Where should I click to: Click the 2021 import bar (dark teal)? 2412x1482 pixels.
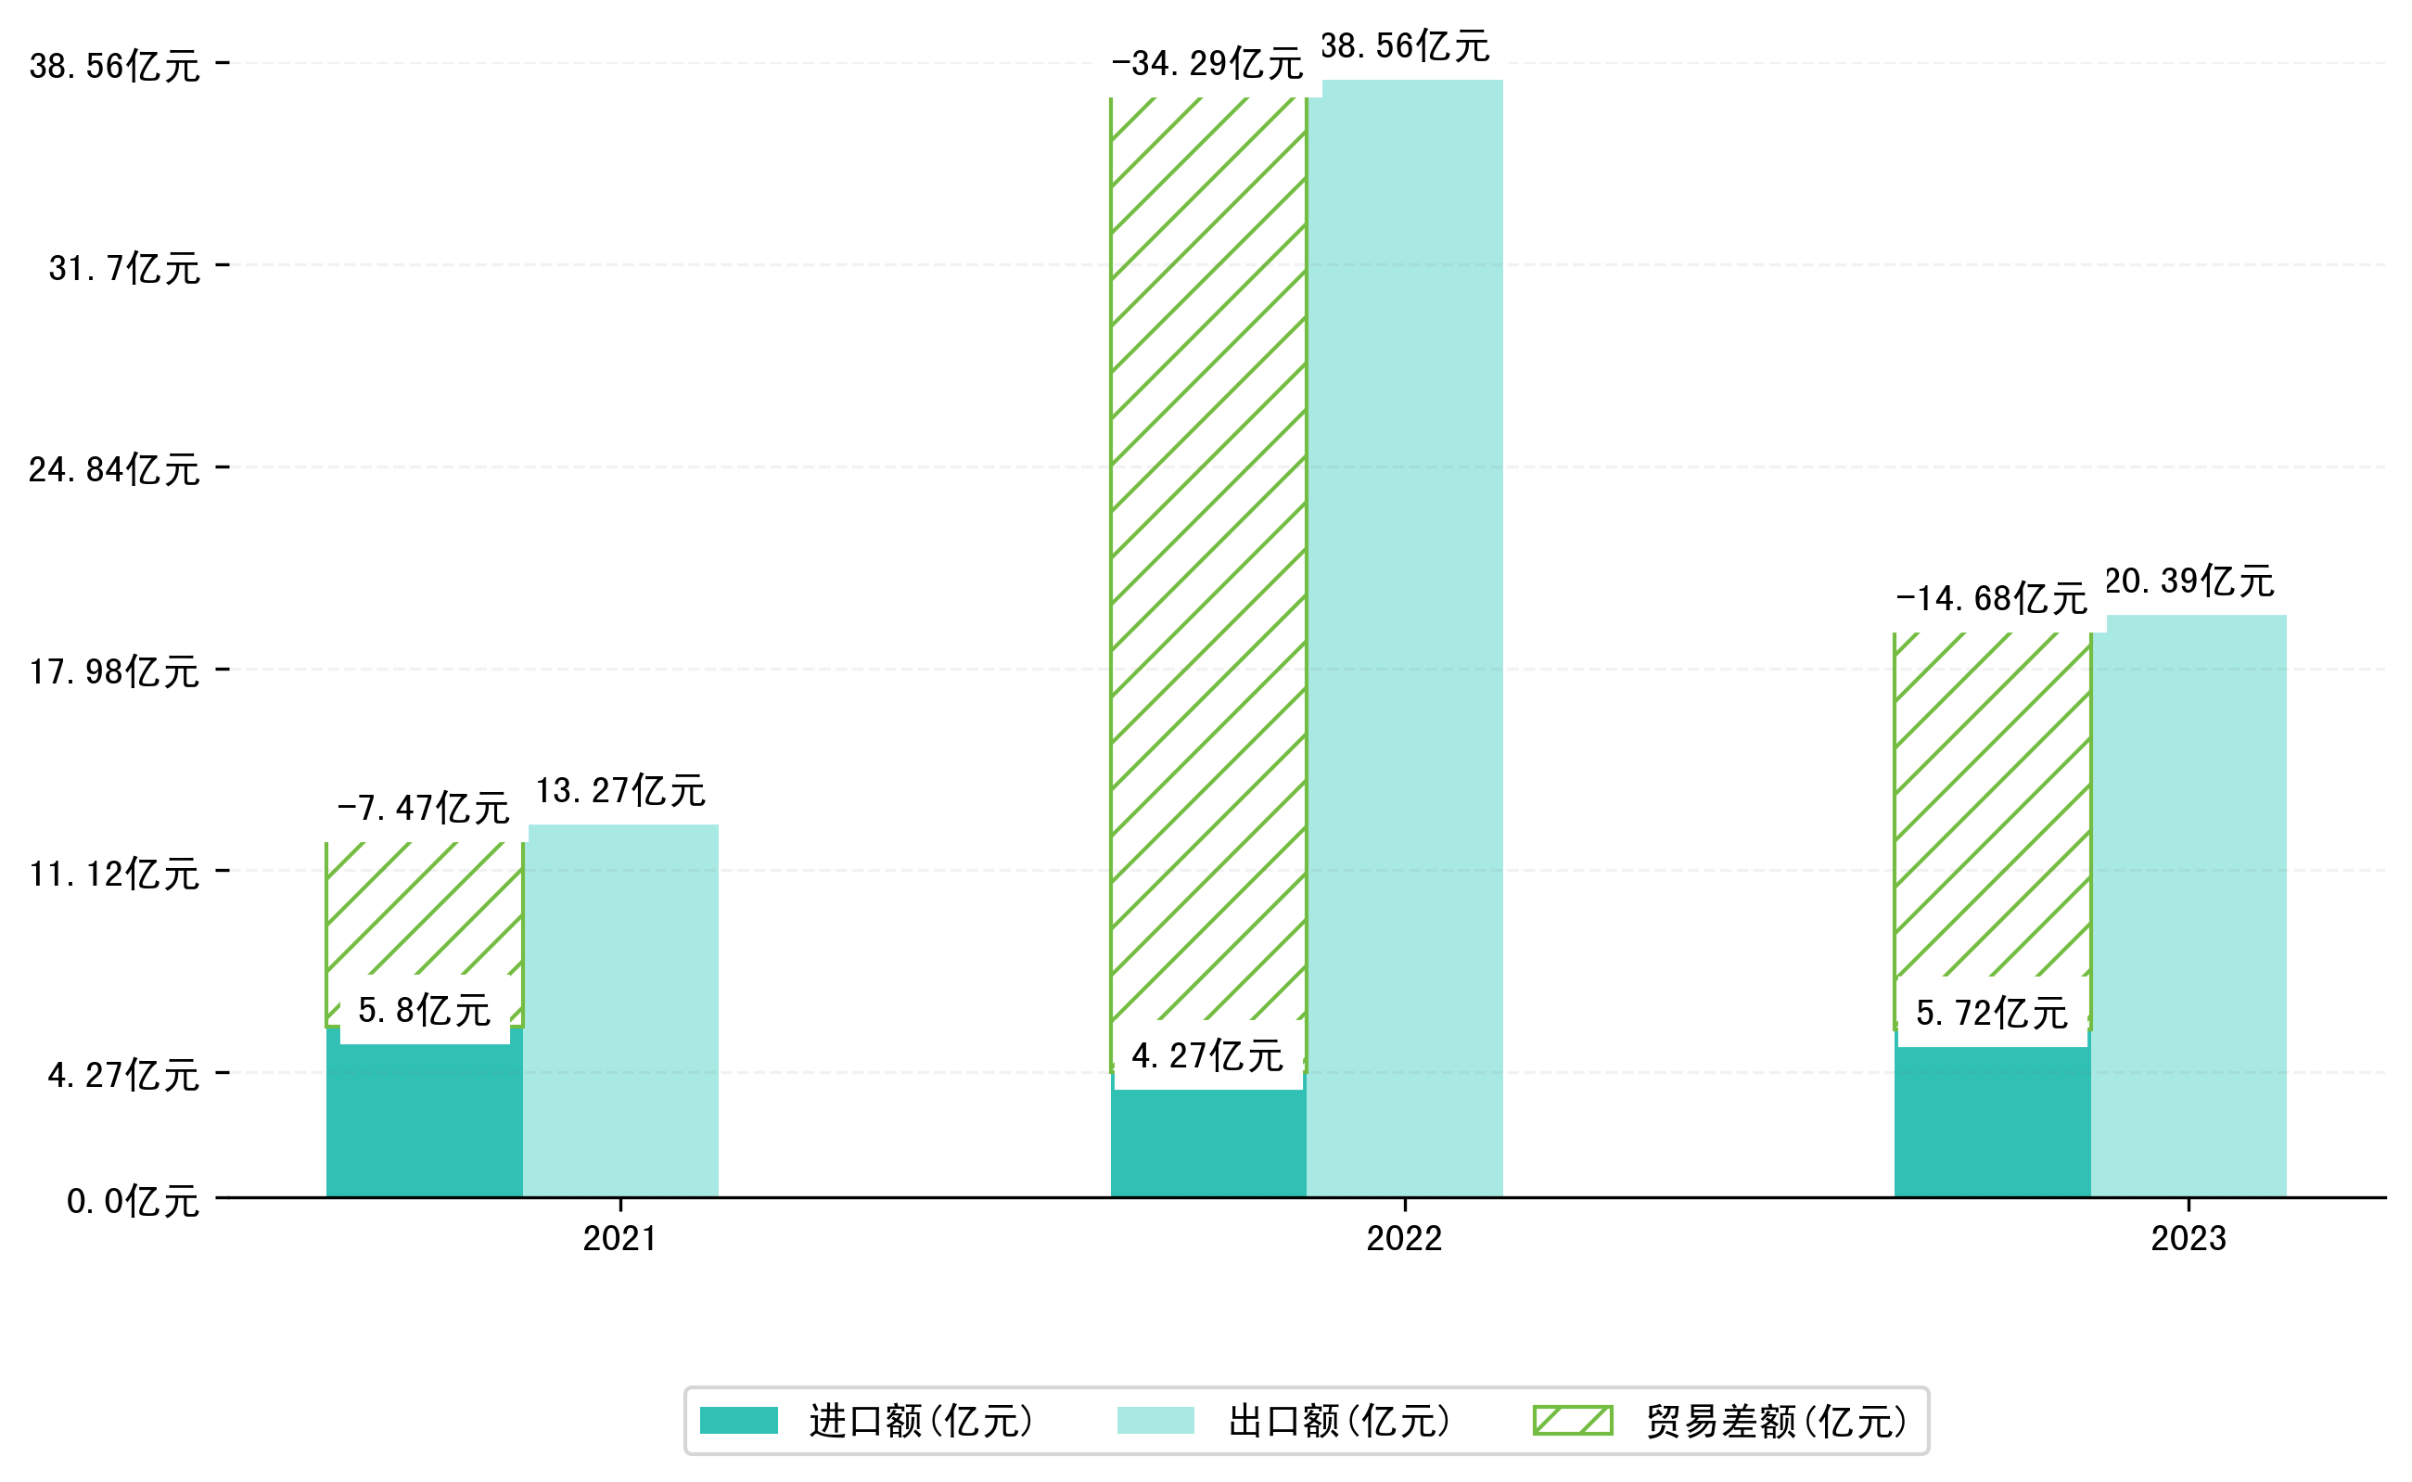tap(424, 1122)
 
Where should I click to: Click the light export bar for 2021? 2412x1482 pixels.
tap(622, 1010)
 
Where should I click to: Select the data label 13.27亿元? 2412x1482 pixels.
tap(620, 791)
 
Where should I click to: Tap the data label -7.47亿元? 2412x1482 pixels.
tap(423, 809)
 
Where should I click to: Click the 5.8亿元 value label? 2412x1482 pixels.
tap(424, 1011)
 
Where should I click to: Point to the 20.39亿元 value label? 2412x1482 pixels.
tap(2189, 582)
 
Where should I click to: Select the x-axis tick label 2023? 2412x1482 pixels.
tap(2188, 1239)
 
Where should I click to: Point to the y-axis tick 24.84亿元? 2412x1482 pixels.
tap(114, 470)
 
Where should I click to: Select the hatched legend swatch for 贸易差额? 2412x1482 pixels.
tap(1572, 1420)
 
